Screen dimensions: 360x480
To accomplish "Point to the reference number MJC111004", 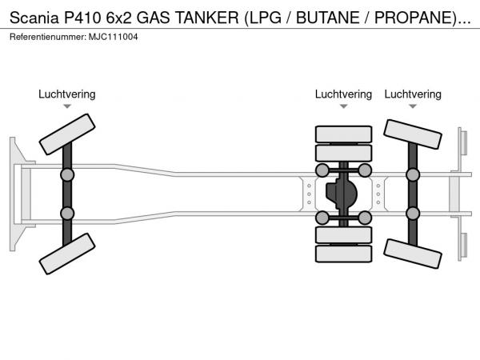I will tap(112, 38).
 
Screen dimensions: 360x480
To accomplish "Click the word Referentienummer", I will tap(47, 38).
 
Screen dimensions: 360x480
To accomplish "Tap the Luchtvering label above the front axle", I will tap(66, 94).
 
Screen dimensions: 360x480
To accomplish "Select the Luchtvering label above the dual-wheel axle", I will tap(343, 94).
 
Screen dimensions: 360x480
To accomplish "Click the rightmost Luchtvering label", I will tap(413, 94).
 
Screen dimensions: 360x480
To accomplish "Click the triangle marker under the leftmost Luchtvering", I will tap(66, 106).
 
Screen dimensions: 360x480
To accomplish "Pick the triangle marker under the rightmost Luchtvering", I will tap(413, 106).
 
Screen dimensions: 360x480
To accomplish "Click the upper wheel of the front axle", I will tap(66, 134).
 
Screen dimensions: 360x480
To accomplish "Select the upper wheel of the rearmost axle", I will tap(413, 135).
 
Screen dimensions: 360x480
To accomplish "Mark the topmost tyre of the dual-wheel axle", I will tap(343, 134).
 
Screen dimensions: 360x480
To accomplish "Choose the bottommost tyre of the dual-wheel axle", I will tap(343, 254).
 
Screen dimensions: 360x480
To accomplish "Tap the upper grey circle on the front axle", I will tap(66, 174).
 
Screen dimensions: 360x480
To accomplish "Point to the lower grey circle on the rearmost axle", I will tap(413, 214).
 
